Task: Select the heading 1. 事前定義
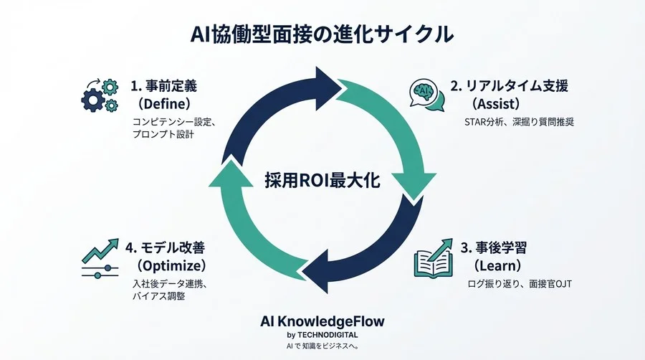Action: pyautogui.click(x=163, y=86)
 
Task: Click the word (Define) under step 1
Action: pyautogui.click(x=166, y=104)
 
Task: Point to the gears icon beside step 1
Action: pyautogui.click(x=100, y=95)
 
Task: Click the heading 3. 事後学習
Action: pyautogui.click(x=494, y=248)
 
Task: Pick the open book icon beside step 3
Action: pyautogui.click(x=434, y=258)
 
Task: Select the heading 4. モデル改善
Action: pyautogui.click(x=165, y=248)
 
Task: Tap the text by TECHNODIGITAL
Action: pyautogui.click(x=322, y=335)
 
